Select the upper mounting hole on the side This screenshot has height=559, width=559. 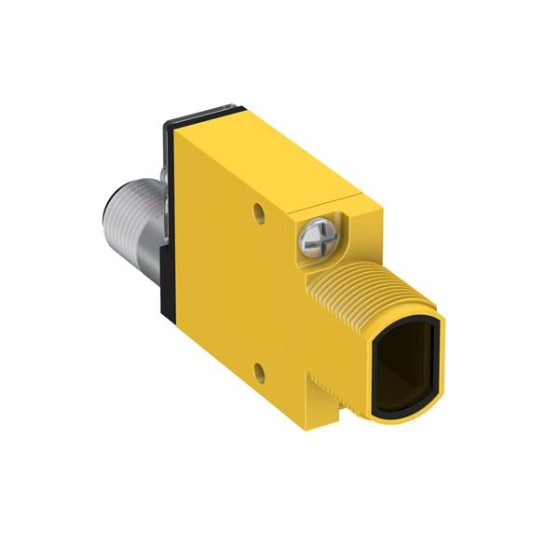[259, 212]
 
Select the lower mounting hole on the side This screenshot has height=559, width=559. [261, 375]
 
